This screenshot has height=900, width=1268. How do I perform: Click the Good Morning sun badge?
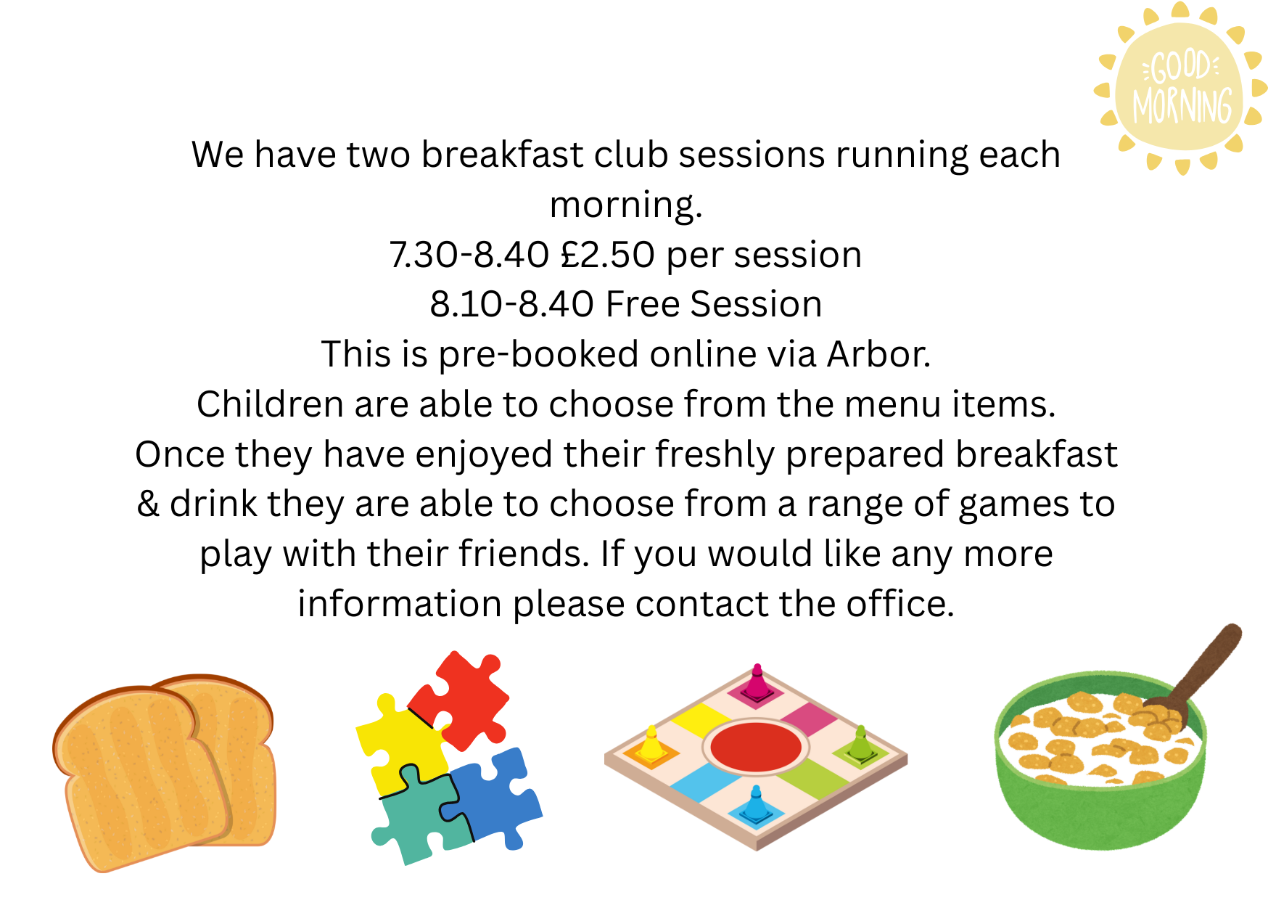[x=1180, y=89]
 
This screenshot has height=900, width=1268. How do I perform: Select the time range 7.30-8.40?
[x=469, y=255]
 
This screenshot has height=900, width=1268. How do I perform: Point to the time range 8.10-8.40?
[x=511, y=304]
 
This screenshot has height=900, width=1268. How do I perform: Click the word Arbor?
[x=878, y=354]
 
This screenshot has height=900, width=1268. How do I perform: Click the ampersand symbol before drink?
[x=148, y=504]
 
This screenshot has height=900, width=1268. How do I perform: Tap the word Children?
[x=271, y=404]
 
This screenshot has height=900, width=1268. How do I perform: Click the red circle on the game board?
[x=756, y=747]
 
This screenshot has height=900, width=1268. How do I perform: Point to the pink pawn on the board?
[x=757, y=682]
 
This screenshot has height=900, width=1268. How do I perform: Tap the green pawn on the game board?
[x=860, y=744]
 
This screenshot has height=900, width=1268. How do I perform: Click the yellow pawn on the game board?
[x=651, y=744]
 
